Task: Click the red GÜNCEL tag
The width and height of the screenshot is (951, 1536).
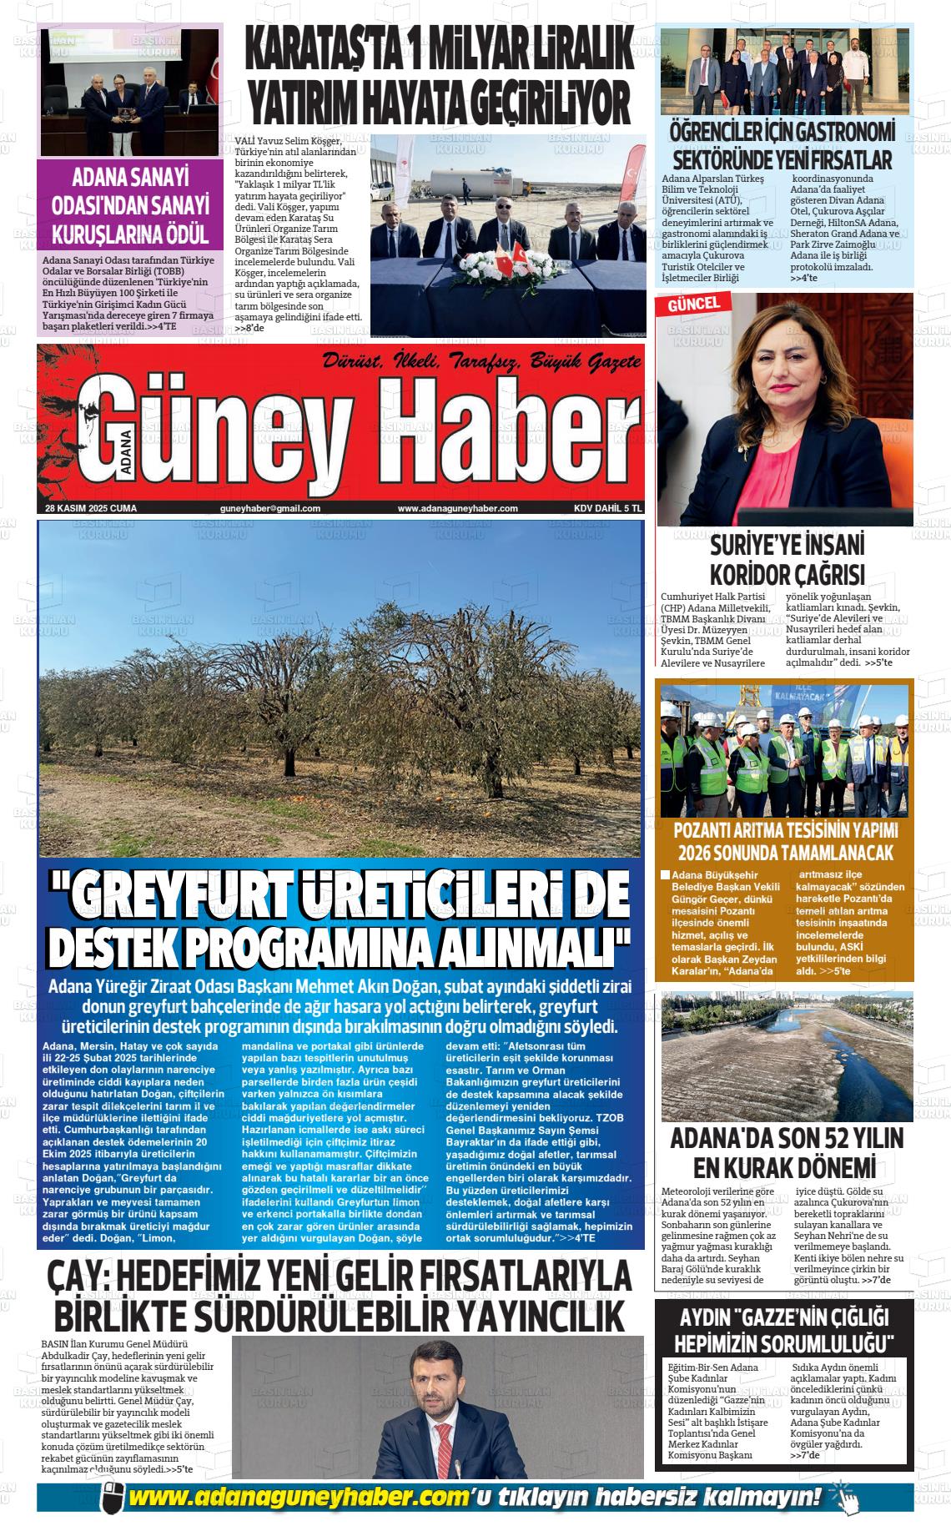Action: tap(693, 305)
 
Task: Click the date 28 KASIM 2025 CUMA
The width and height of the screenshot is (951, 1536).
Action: tap(91, 508)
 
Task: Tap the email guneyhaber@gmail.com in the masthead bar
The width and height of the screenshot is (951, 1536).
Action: tap(269, 508)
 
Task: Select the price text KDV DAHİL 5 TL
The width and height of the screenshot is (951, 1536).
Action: tap(607, 508)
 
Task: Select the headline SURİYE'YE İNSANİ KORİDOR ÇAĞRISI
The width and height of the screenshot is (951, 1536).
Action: tap(786, 560)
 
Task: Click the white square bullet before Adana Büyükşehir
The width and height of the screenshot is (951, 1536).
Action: tap(665, 875)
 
